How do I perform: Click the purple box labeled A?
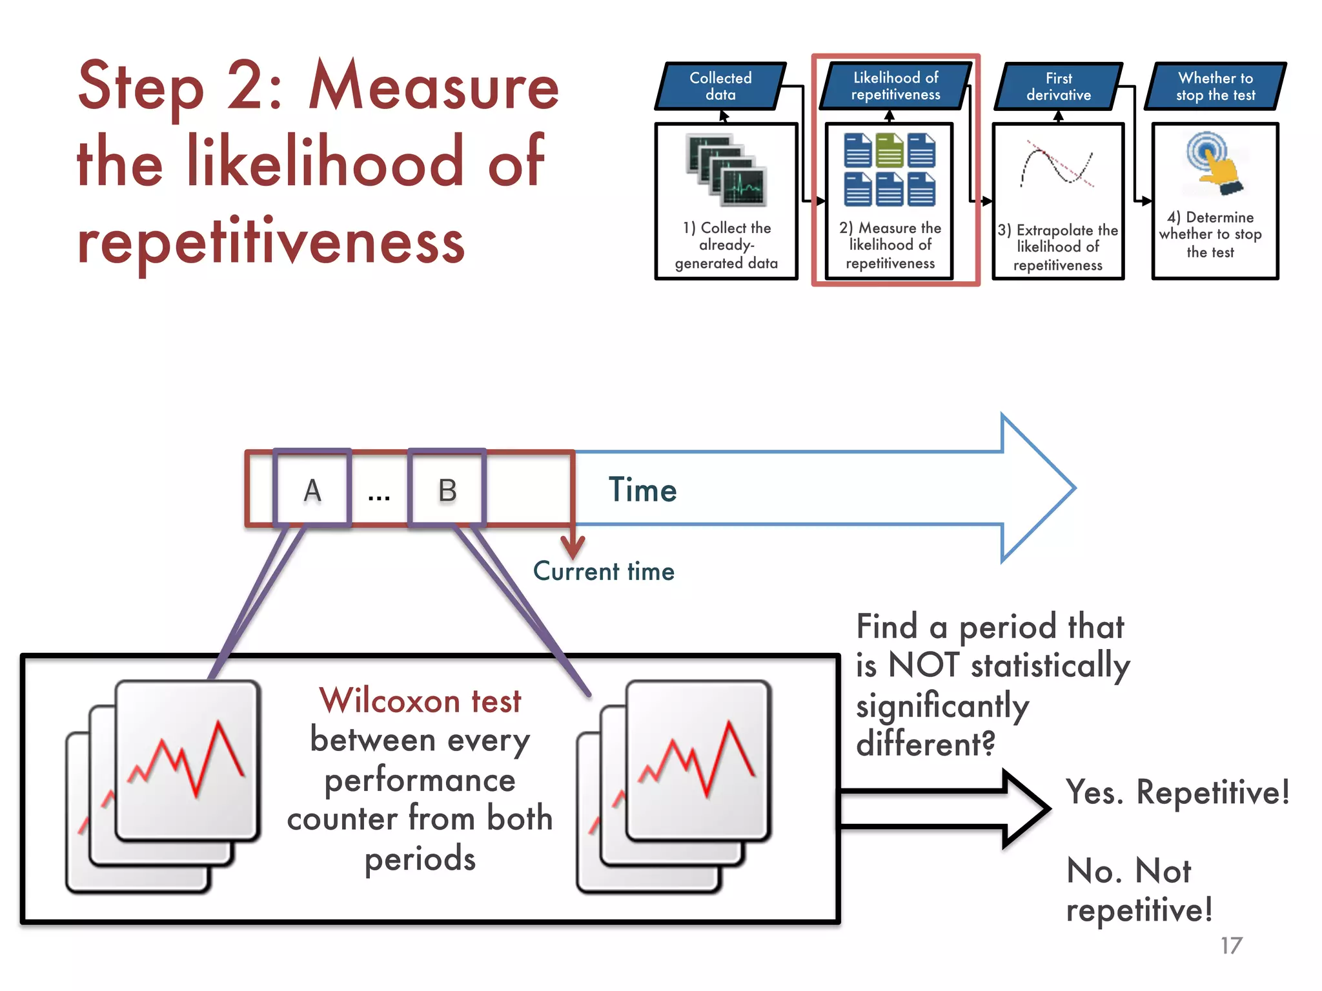click(312, 488)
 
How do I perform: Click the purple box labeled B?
click(447, 488)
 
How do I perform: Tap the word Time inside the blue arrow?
click(642, 490)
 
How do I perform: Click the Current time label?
click(604, 572)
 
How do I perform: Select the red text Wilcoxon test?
click(420, 701)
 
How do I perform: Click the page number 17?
click(1231, 946)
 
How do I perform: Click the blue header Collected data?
click(720, 86)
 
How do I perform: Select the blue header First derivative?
click(1059, 86)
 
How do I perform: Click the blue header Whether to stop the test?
click(1215, 86)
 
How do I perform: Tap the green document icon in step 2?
click(890, 150)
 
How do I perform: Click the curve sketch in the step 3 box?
click(1057, 165)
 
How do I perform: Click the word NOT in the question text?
click(924, 665)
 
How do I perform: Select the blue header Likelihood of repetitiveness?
click(895, 86)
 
